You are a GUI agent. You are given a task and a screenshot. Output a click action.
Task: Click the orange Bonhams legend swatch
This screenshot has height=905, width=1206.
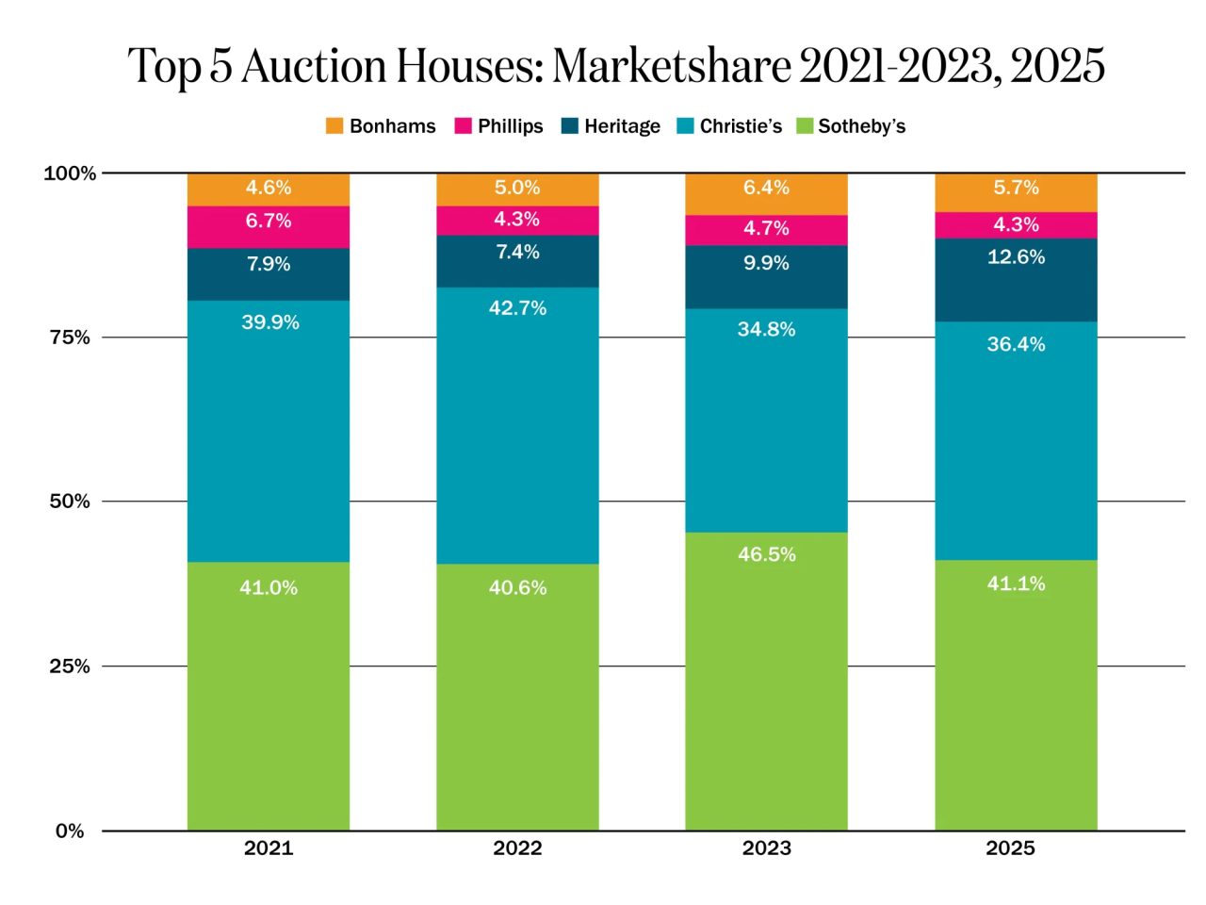(334, 126)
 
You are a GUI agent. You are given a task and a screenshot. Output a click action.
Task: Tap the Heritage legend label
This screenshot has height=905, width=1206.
(622, 126)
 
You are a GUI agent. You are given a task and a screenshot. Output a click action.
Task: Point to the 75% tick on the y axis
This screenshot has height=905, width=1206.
(70, 337)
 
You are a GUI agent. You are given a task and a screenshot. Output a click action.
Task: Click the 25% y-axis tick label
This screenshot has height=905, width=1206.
(70, 666)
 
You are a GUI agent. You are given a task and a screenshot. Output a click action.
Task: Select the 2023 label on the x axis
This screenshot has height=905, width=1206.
(766, 847)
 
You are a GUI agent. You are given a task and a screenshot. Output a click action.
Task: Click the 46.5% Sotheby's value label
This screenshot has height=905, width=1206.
(766, 554)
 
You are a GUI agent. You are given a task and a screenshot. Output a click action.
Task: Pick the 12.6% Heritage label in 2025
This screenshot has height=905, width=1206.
(1016, 256)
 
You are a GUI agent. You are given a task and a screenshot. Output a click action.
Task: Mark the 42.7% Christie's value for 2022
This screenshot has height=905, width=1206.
(517, 308)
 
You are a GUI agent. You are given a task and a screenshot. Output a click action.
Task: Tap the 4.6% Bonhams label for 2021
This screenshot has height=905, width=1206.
(269, 188)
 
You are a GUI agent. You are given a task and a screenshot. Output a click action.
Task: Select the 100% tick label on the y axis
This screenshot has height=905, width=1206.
(70, 173)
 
